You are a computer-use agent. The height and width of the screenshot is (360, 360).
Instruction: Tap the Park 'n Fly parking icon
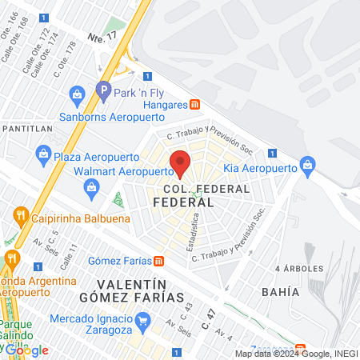coord(102,93)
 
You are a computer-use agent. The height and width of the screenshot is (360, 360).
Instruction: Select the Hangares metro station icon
coord(195,105)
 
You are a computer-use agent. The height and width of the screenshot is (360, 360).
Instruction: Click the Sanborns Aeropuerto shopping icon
coord(77,94)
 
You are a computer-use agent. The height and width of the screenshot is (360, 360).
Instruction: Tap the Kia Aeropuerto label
coord(259,168)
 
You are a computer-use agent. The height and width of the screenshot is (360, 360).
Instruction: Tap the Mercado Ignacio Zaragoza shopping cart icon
coord(143,322)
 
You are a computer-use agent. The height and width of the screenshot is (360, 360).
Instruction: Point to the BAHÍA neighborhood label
coord(280,292)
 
